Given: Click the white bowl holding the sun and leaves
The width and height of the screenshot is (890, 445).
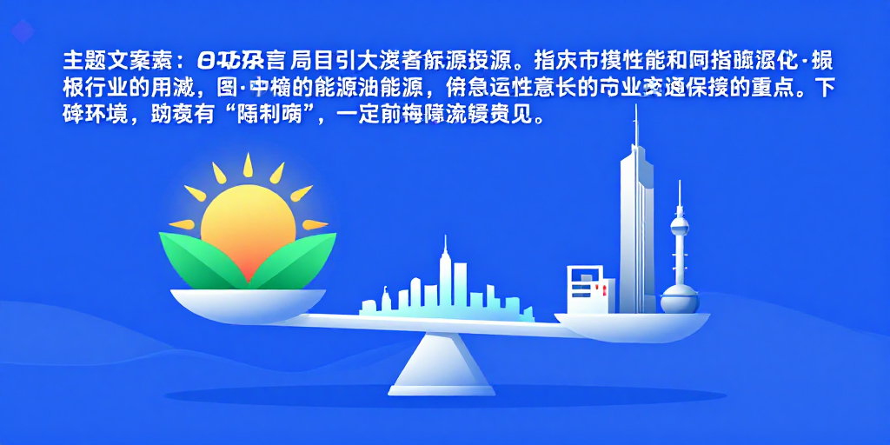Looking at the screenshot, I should click(248, 301).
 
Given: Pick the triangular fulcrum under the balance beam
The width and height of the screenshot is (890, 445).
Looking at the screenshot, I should click(433, 366).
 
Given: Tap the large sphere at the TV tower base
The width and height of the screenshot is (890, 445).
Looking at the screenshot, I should click(680, 299).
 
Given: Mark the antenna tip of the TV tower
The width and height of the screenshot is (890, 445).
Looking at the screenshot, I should click(680, 183).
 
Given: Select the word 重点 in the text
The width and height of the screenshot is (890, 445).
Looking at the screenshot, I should click(771, 89).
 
